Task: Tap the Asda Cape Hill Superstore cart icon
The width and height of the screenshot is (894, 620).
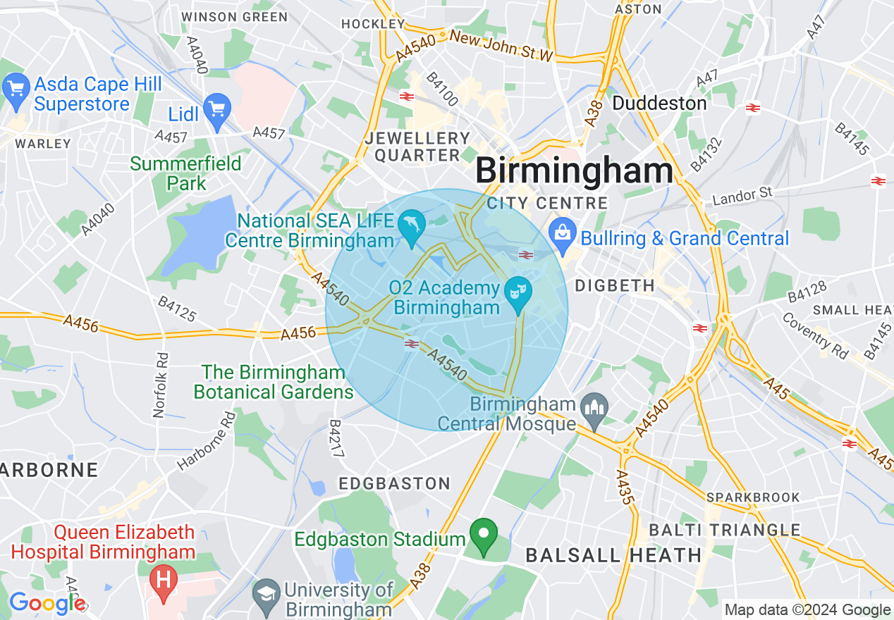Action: coord(16,89)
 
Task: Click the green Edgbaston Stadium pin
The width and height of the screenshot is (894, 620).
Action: coord(483,535)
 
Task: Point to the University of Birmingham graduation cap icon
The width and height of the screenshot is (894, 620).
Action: coord(267,593)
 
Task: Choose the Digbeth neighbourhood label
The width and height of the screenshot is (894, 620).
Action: coord(615,285)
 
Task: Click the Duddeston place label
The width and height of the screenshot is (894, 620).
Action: coord(659,104)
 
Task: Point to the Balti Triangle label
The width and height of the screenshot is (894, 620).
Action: coord(724,530)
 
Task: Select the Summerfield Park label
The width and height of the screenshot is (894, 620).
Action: coord(186,173)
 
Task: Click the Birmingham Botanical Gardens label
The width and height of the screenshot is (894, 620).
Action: coord(274,382)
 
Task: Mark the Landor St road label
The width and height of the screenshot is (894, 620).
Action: coord(742,194)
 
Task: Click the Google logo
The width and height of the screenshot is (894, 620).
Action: coord(47,603)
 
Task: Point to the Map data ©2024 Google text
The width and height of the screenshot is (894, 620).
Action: coord(807,610)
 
